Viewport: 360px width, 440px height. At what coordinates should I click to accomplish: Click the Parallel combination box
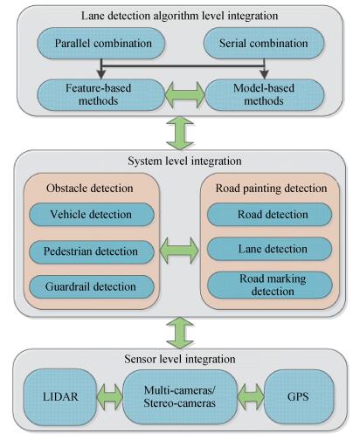(x=101, y=44)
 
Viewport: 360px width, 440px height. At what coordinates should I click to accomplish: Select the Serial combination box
(x=264, y=44)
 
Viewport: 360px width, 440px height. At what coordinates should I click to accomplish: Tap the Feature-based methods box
(x=101, y=95)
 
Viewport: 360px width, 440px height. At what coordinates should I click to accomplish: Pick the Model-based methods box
(x=265, y=95)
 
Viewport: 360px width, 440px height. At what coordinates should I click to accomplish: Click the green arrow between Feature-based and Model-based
(x=185, y=95)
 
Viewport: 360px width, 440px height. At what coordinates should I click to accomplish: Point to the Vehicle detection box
(x=92, y=215)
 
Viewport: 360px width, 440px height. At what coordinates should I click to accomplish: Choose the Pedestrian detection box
(x=92, y=251)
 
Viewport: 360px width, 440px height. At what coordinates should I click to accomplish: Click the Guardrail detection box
(x=92, y=287)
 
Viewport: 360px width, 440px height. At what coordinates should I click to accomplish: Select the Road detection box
(x=269, y=215)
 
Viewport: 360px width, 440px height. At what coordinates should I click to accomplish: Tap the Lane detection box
(x=269, y=249)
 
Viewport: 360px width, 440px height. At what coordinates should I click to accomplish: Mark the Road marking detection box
(x=270, y=285)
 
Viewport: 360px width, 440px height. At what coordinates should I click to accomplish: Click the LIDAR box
(x=60, y=397)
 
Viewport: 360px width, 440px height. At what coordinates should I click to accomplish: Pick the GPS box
(x=299, y=397)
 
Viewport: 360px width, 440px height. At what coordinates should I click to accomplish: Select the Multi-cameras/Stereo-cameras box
(x=180, y=397)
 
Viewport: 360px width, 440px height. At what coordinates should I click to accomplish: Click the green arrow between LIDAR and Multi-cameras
(x=109, y=397)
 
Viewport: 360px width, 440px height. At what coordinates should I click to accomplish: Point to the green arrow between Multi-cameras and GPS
(x=251, y=397)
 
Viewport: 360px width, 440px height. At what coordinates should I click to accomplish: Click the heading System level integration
(x=184, y=161)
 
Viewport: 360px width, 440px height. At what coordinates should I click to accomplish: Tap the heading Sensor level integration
(x=180, y=359)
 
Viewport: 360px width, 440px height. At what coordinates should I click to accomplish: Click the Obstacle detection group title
(x=90, y=189)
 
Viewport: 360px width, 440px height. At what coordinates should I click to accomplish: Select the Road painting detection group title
(x=271, y=189)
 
